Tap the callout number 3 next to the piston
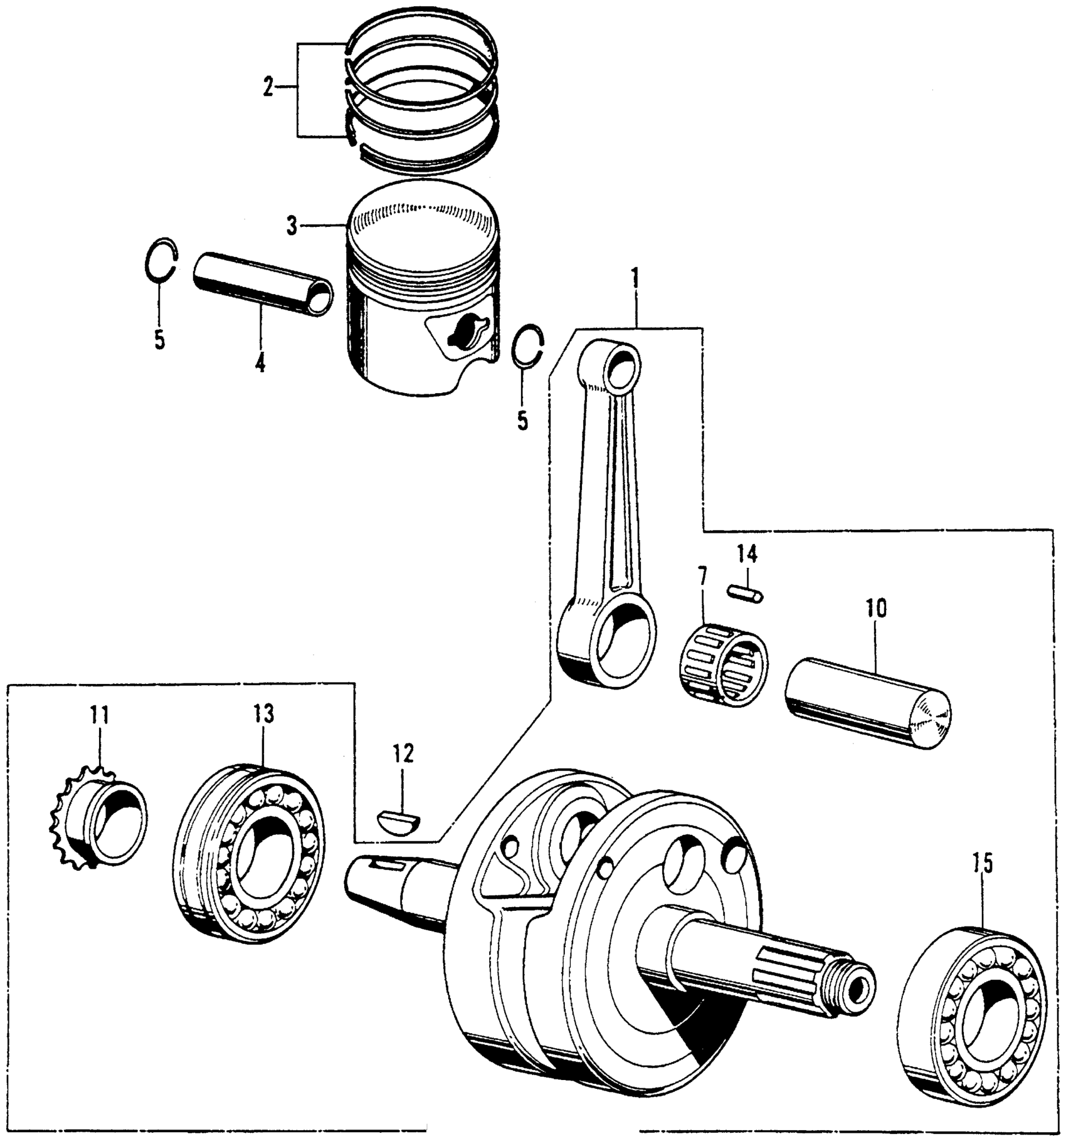[x=292, y=226]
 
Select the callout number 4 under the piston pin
[x=260, y=362]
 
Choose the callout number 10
[x=876, y=608]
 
